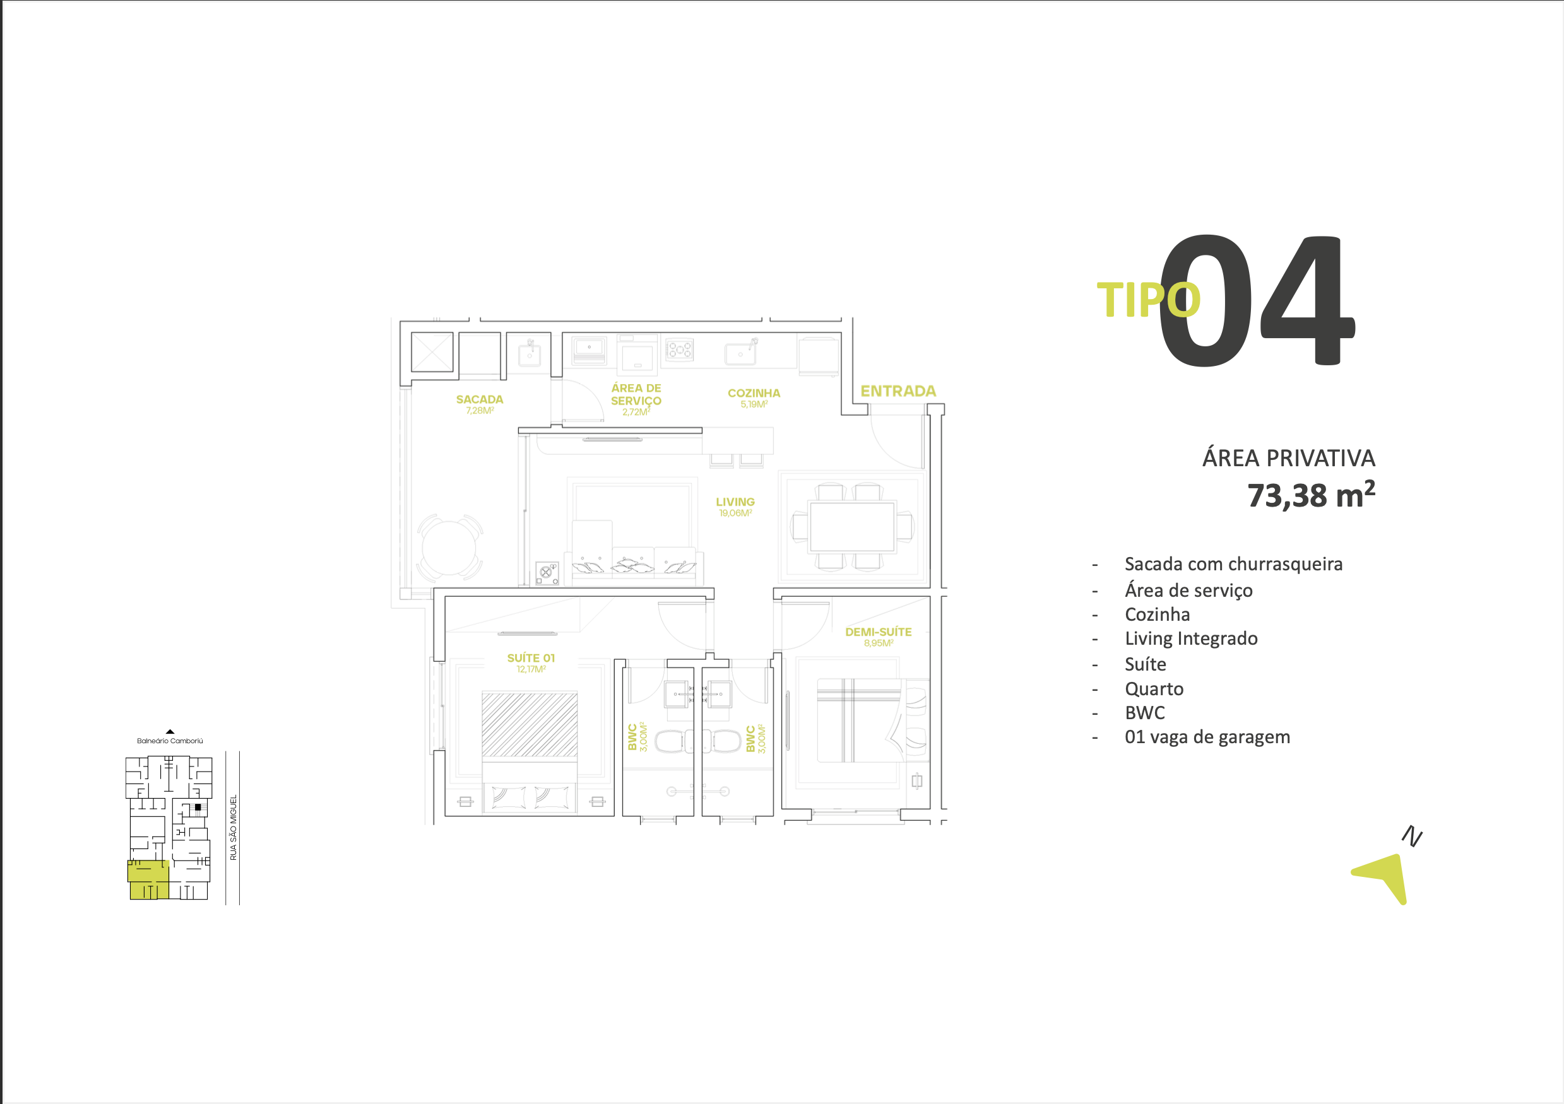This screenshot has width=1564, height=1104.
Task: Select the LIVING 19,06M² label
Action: click(x=735, y=507)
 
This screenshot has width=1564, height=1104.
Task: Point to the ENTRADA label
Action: click(x=898, y=391)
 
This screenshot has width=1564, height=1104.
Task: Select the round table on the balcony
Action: click(x=449, y=548)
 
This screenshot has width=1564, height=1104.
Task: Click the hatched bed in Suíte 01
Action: click(x=530, y=724)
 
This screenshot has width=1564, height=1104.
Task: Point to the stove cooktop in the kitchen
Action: click(x=679, y=350)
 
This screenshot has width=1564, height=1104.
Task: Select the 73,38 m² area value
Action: click(x=1311, y=495)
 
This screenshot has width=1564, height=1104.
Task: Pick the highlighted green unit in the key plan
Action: click(x=148, y=880)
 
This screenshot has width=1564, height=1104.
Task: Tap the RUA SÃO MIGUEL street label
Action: click(x=233, y=828)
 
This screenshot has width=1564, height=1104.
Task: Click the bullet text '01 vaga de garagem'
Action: click(x=1207, y=737)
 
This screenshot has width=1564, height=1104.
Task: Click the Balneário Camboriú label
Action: click(x=170, y=741)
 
